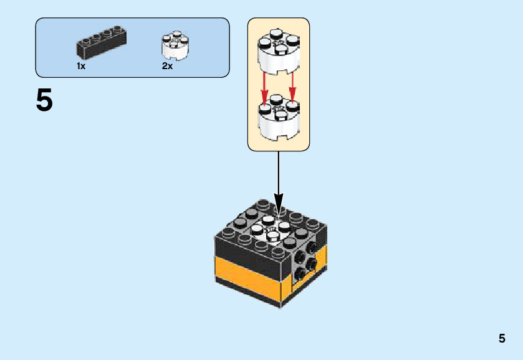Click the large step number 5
tap(44, 100)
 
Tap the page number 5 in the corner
tap(502, 339)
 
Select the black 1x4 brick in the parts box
tap(101, 43)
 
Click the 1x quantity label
tap(81, 66)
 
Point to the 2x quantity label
tap(167, 66)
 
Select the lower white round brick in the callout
tap(278, 119)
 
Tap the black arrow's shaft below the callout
tap(278, 174)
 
